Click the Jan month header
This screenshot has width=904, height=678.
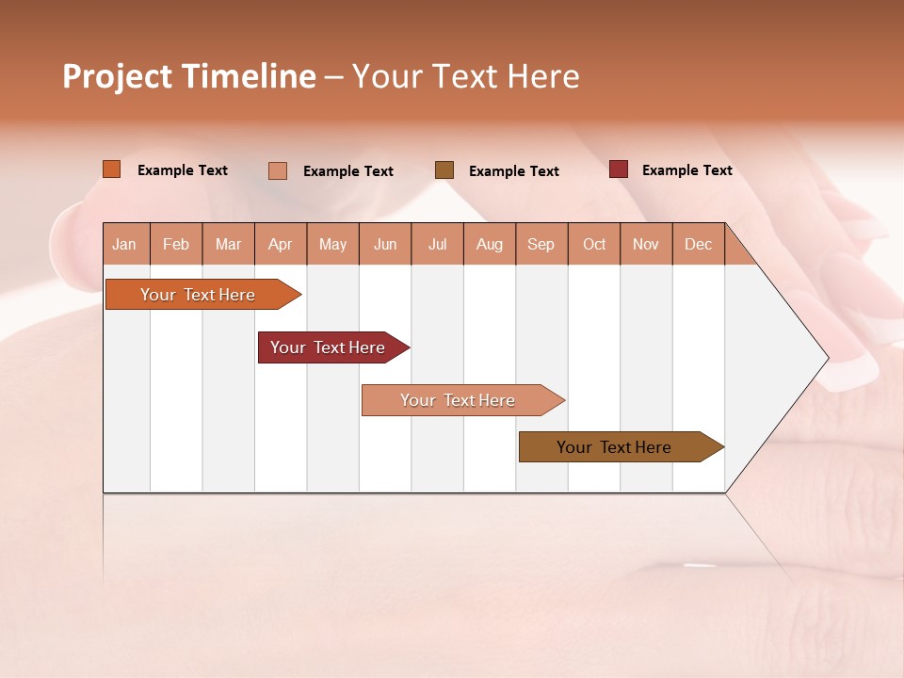coord(124,244)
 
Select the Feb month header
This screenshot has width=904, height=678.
coord(176,244)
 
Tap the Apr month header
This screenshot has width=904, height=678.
coord(281,244)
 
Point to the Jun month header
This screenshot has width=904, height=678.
coord(385,244)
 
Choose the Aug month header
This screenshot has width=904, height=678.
coord(490,244)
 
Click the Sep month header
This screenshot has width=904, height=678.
coord(541,244)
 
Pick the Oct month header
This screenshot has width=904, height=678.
coord(594,244)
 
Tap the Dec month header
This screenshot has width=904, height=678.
coord(699,244)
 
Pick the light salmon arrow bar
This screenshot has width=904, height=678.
coord(459,400)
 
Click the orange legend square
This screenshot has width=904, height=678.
coord(112,169)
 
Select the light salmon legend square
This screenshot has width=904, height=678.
coord(278,170)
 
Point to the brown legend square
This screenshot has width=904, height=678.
coord(444,169)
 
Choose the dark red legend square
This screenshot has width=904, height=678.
coord(619,169)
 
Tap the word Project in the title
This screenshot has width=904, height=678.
coord(118,76)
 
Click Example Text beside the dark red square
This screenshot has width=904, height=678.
coord(686,170)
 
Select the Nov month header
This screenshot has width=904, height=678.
coord(646,244)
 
